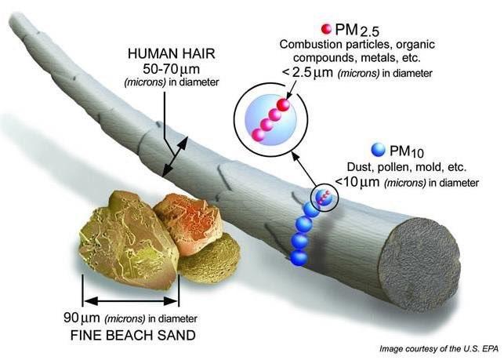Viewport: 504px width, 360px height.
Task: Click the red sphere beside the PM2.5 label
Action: [x=326, y=29]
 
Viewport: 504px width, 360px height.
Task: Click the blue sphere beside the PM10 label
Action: [x=378, y=150]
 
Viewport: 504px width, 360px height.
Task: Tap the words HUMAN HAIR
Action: [x=172, y=54]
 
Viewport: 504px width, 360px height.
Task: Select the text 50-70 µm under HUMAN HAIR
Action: [x=171, y=69]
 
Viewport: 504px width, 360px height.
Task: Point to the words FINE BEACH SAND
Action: [x=133, y=336]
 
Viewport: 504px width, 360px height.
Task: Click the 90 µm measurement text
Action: [x=82, y=318]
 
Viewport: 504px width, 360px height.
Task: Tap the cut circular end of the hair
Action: [x=419, y=256]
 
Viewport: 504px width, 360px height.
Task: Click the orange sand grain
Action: [x=188, y=223]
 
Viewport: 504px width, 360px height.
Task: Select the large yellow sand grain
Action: [x=129, y=238]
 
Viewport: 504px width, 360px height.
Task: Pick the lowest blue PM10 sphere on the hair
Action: [x=299, y=257]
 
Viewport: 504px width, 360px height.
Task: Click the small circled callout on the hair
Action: [x=325, y=198]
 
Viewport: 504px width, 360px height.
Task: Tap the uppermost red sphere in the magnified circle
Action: [x=283, y=105]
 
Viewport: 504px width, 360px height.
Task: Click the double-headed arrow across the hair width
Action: [x=176, y=156]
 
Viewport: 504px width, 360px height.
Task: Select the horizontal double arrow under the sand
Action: [x=130, y=301]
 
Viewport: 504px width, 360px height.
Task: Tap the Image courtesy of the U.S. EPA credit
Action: [x=439, y=348]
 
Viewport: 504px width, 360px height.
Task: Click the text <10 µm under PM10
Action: [x=357, y=181]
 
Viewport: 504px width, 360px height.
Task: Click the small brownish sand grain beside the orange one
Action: [x=209, y=257]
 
